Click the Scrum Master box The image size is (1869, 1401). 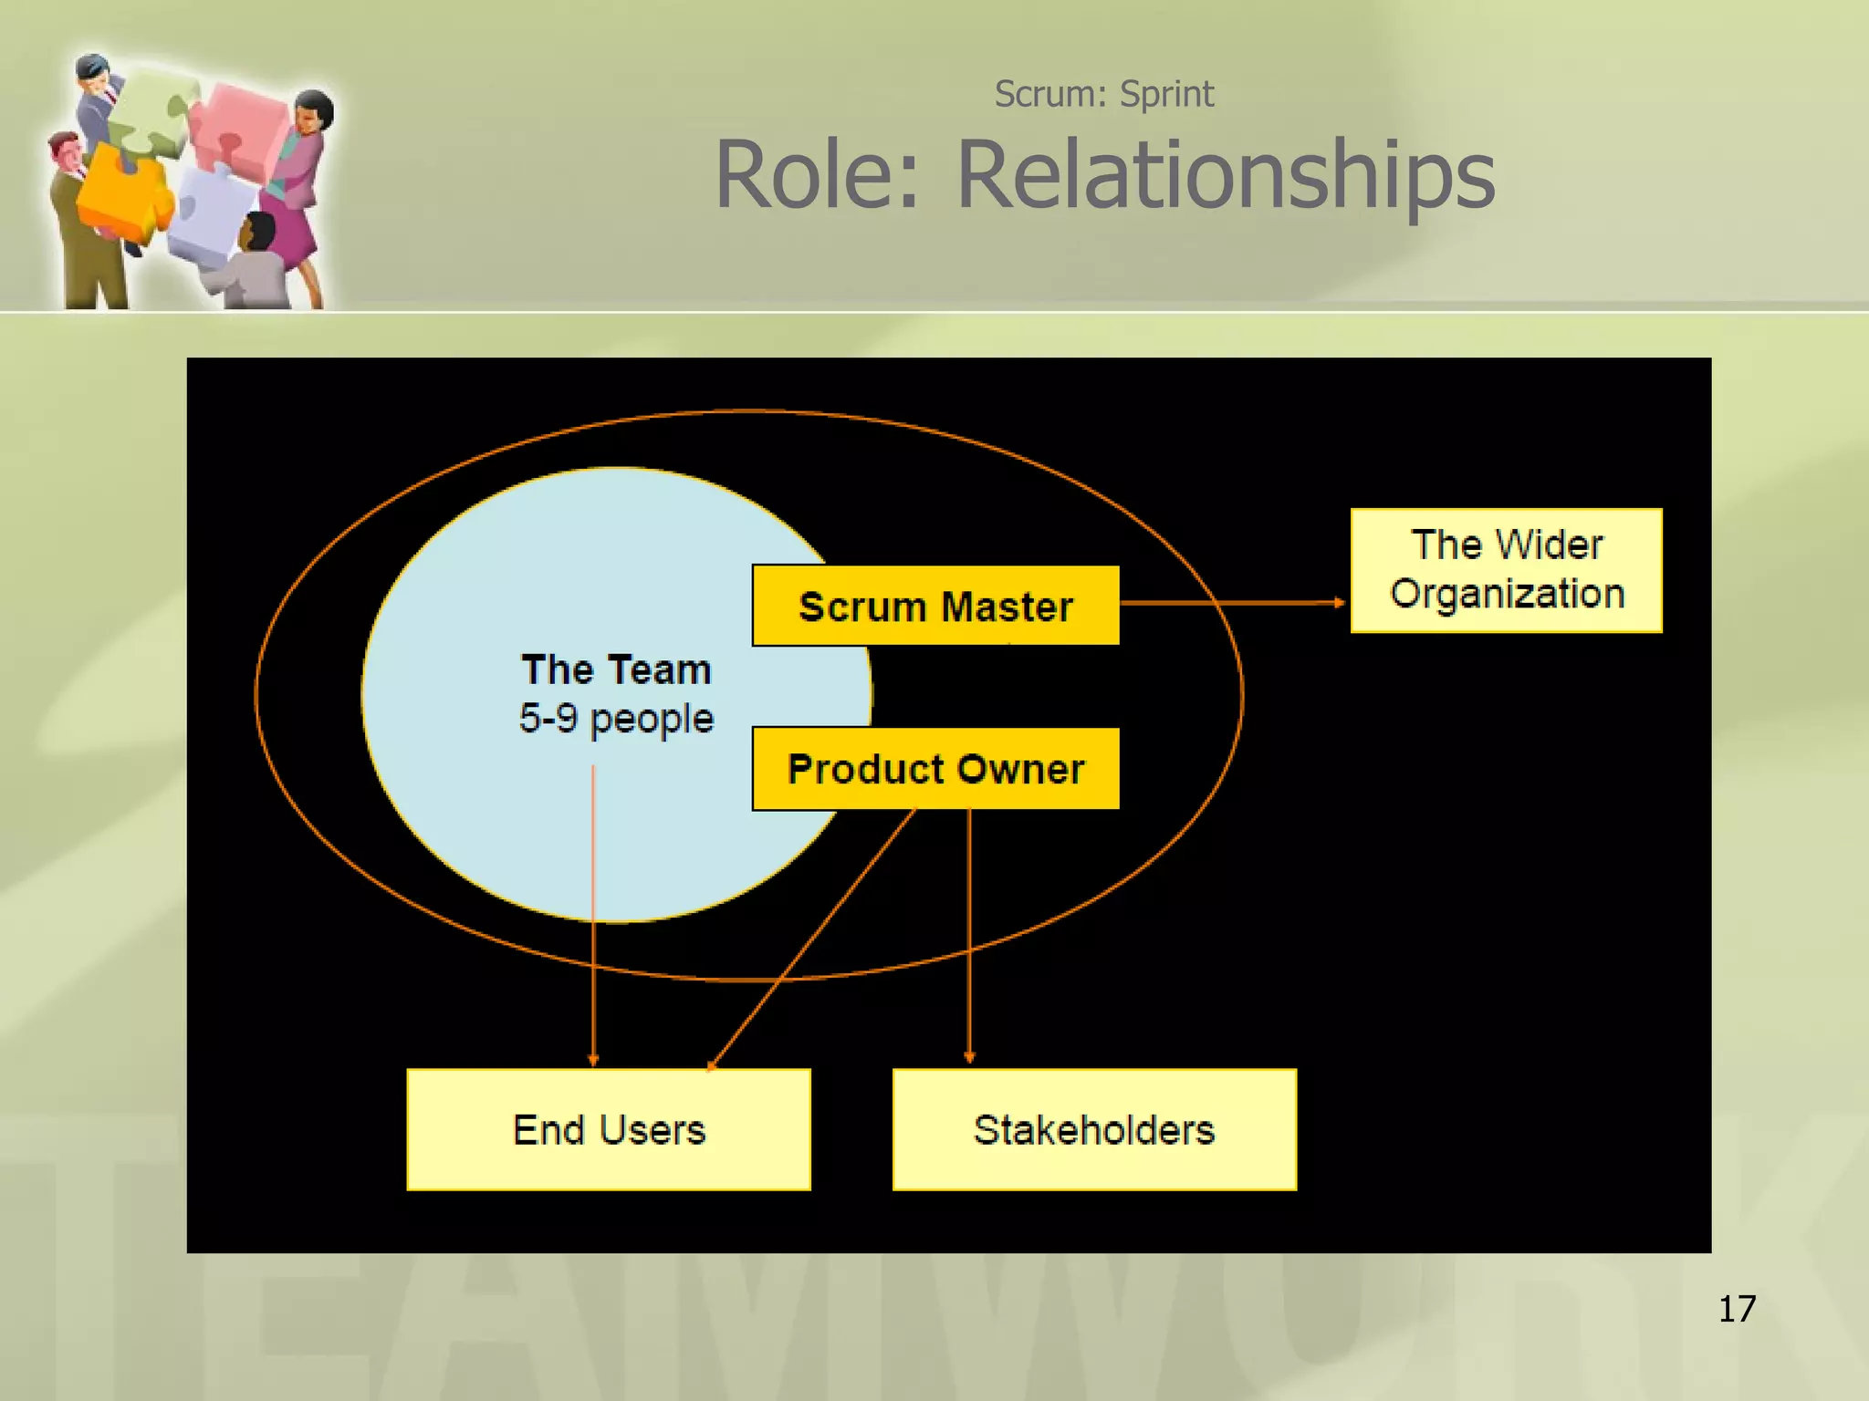pos(935,606)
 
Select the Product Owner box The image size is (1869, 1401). pos(935,768)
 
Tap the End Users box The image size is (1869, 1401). pos(609,1129)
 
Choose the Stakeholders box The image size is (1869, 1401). pos(1094,1129)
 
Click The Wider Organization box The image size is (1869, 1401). pos(1506,570)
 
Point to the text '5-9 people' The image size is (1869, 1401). pos(616,718)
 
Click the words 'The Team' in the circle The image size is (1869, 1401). pos(616,669)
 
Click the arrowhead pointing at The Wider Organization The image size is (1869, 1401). pos(1339,602)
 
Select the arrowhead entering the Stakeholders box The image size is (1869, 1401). pos(969,1057)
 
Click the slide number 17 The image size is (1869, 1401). pos(1737,1309)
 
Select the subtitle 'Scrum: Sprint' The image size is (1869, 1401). pos(1103,94)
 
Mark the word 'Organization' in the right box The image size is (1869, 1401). pos(1508,594)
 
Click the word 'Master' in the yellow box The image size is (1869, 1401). pos(1007,607)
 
